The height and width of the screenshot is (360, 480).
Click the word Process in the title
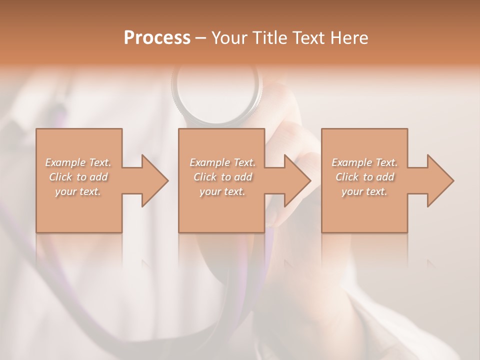click(157, 38)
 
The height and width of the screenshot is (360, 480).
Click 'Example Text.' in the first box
click(78, 162)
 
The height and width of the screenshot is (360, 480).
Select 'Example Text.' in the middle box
click(222, 162)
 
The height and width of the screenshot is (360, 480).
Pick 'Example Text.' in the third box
click(364, 162)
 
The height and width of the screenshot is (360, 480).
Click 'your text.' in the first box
click(78, 191)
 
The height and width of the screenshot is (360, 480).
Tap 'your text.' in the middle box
click(222, 191)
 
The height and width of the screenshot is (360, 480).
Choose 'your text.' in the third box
click(364, 191)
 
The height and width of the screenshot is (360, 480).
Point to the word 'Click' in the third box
click(347, 177)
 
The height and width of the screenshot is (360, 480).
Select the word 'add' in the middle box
click(243, 177)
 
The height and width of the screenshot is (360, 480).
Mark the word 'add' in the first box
click(98, 177)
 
